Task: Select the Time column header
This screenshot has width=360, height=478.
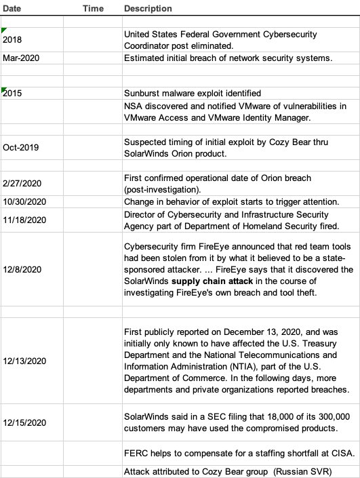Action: tap(93, 9)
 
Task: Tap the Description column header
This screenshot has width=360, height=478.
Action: tap(148, 9)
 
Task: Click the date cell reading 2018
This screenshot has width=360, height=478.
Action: tap(12, 40)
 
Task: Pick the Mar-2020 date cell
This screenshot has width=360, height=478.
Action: tap(21, 58)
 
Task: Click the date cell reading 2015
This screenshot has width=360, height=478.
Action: tap(12, 94)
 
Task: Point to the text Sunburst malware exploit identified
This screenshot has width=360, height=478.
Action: tap(193, 94)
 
